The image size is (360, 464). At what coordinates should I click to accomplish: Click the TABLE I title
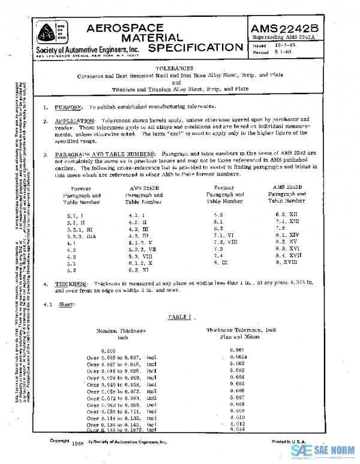click(x=179, y=315)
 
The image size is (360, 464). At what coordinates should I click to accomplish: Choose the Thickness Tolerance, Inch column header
click(x=241, y=330)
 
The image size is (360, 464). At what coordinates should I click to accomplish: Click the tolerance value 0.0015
click(x=239, y=356)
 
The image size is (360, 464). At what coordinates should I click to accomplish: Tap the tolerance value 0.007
click(x=237, y=397)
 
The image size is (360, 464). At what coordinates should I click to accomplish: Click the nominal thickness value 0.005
click(x=108, y=349)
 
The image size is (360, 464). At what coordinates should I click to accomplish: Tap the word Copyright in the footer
click(x=61, y=441)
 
